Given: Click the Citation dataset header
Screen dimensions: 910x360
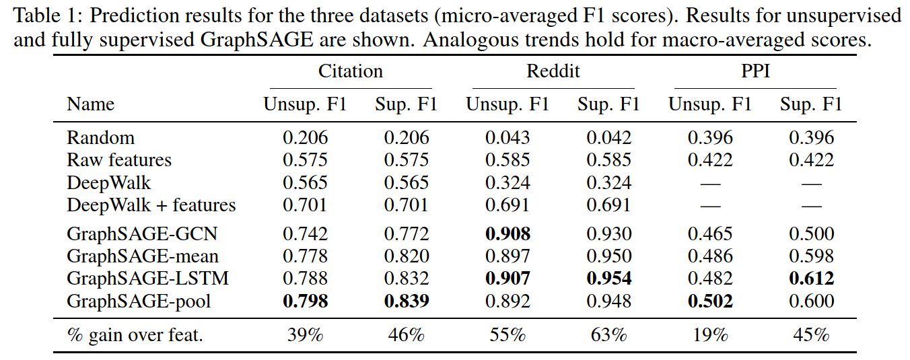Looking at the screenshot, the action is click(x=350, y=71).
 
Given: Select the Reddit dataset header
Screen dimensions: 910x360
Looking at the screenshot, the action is click(x=553, y=71).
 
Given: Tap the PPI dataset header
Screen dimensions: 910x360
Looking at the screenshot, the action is click(x=755, y=71).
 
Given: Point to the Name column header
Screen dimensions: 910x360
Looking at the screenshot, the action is click(x=91, y=104).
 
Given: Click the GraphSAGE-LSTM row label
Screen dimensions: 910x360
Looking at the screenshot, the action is click(x=148, y=279).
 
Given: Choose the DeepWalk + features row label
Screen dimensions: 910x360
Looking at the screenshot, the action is click(x=151, y=205).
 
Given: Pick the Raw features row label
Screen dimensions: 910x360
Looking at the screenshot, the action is click(x=119, y=159).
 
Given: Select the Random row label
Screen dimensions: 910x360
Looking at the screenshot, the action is click(x=100, y=138).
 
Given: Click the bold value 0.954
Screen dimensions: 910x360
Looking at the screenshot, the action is click(x=609, y=279).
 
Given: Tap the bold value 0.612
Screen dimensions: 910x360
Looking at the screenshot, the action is click(x=811, y=279).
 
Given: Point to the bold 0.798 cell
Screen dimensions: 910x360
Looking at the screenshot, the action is click(x=305, y=301).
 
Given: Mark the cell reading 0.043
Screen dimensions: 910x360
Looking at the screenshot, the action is click(x=508, y=138).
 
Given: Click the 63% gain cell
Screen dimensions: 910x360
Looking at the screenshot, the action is click(x=609, y=335).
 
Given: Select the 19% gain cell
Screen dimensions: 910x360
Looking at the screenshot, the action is click(x=710, y=335).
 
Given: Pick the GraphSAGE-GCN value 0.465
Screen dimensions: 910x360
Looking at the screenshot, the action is click(x=710, y=234).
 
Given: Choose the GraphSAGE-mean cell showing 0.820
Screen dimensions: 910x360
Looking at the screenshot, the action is click(x=407, y=256).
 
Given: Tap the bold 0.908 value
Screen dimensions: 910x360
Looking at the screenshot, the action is click(x=508, y=234).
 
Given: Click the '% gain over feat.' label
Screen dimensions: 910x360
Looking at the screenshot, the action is click(x=135, y=336).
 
